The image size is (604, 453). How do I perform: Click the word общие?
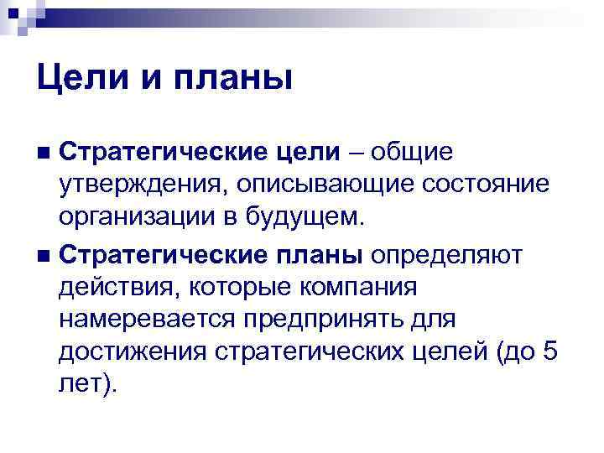point(416,153)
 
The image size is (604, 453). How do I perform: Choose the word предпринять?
point(337,320)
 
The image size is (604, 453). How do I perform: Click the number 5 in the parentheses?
point(549,353)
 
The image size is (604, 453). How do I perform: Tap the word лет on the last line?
point(81,388)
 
